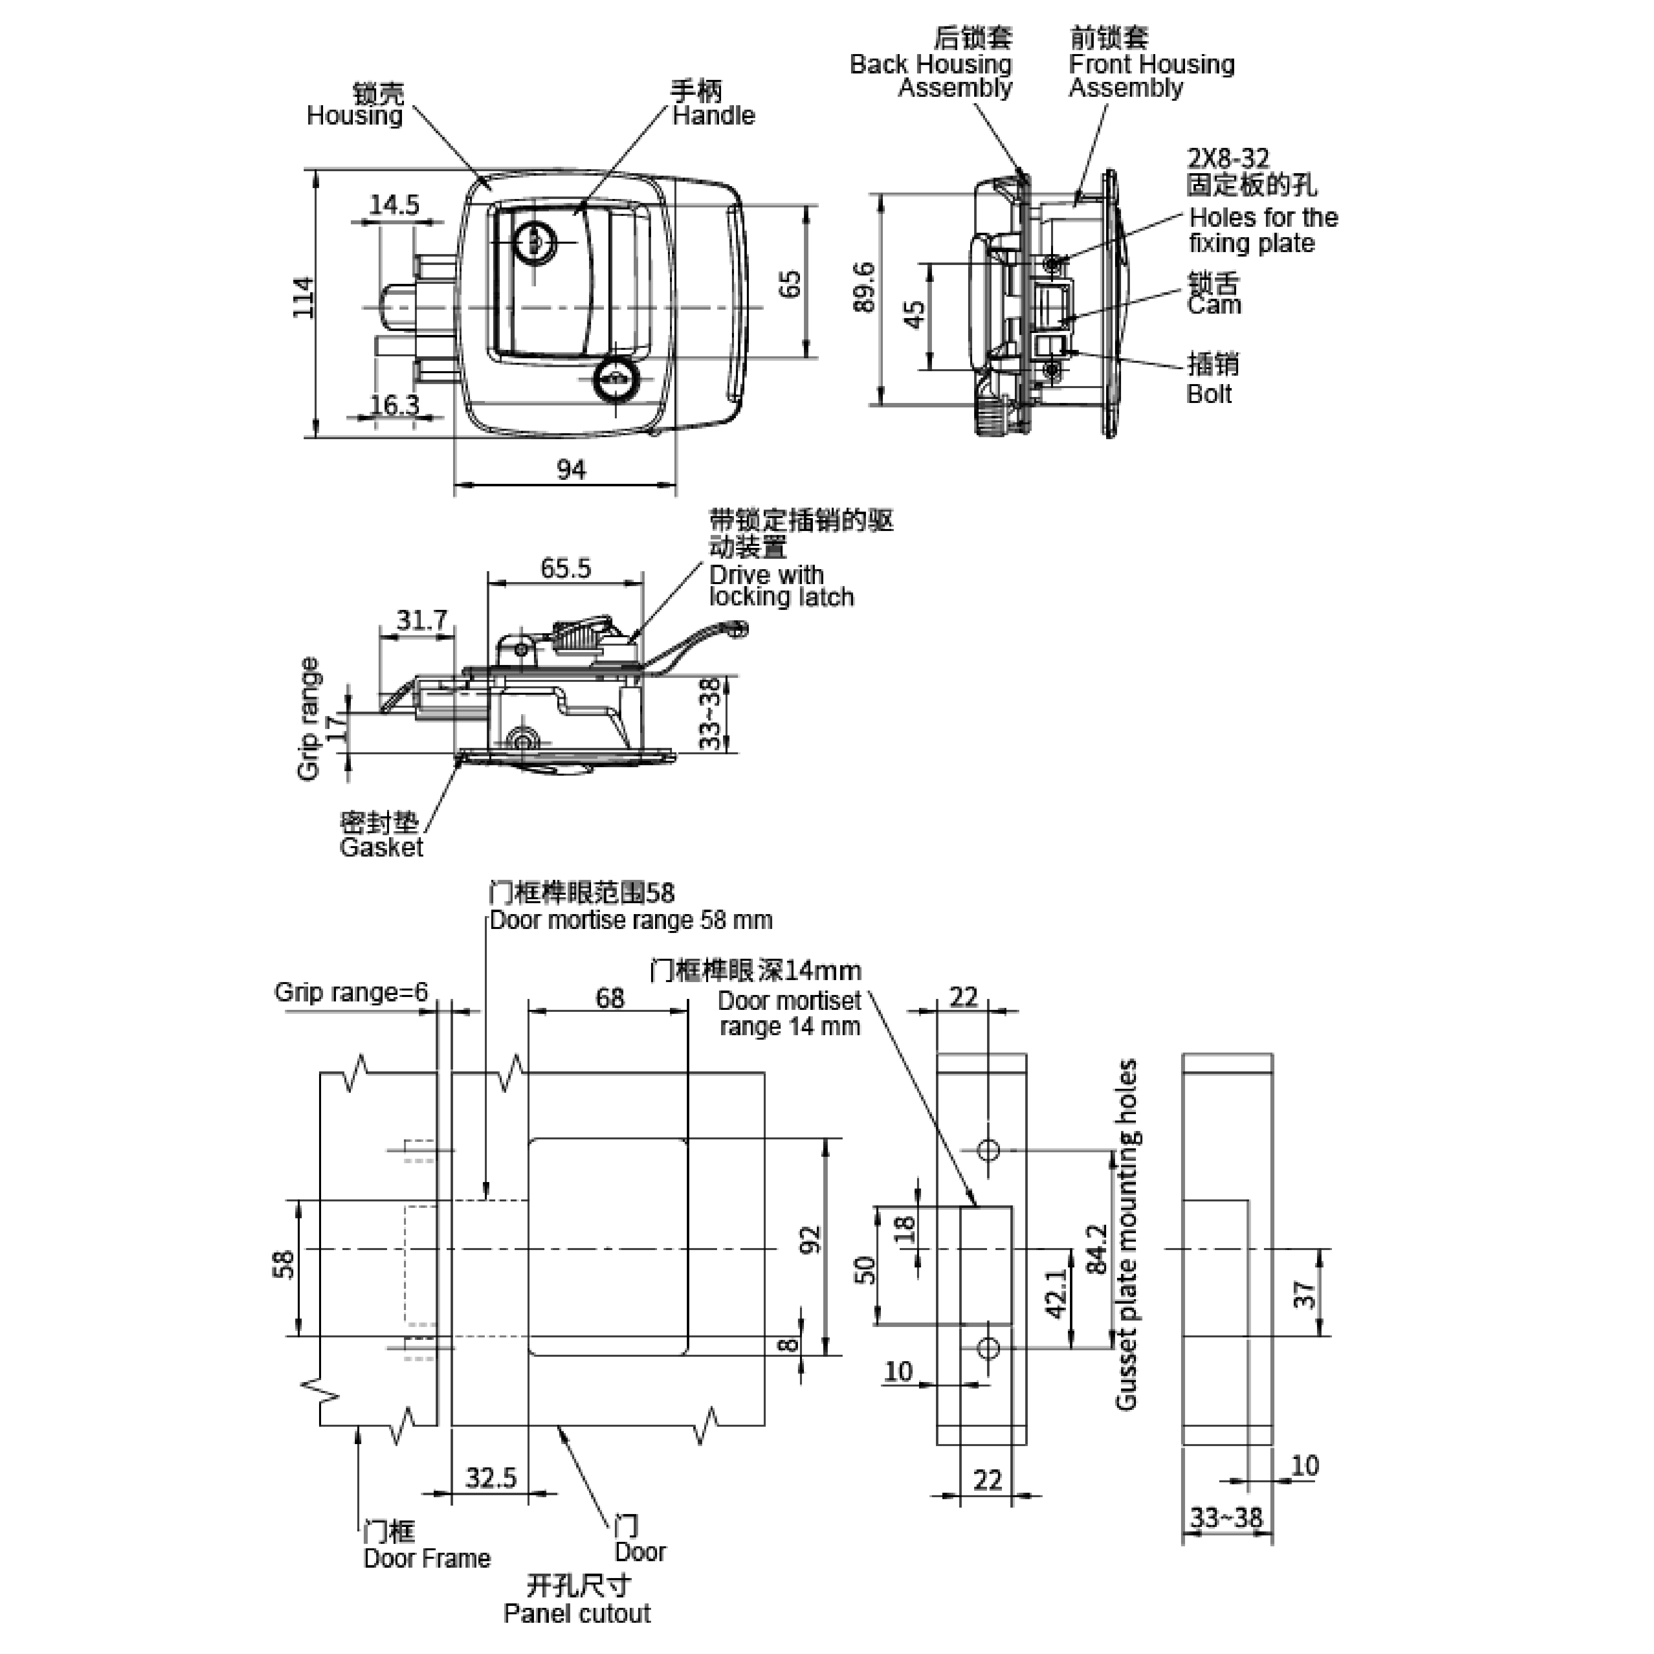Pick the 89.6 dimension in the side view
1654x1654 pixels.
(865, 288)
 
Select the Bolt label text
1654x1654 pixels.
(1209, 395)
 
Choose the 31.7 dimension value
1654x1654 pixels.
(421, 620)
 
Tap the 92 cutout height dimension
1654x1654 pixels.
(811, 1240)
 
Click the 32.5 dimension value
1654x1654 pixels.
(491, 1478)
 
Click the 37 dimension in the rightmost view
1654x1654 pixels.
(1304, 1294)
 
